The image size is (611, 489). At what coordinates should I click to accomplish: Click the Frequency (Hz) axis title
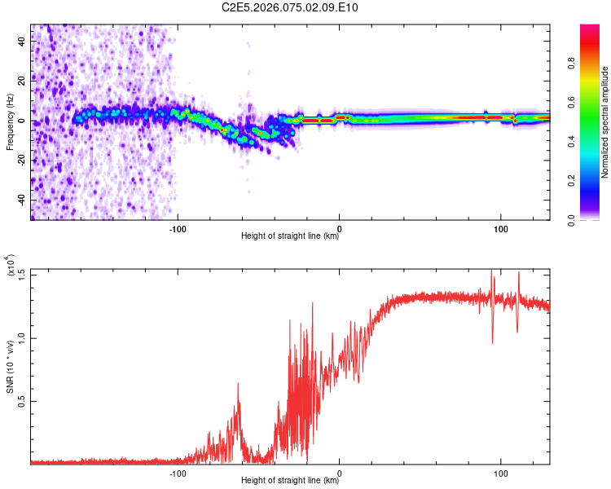click(x=10, y=121)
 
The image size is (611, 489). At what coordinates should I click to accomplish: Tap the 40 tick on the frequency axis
click(x=22, y=42)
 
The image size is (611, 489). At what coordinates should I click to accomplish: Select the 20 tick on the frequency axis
click(x=22, y=81)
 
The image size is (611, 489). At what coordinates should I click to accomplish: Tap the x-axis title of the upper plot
click(x=290, y=236)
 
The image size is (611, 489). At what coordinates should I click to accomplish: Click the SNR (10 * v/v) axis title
click(x=10, y=366)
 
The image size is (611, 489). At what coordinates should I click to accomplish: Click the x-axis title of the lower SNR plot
click(x=290, y=481)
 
